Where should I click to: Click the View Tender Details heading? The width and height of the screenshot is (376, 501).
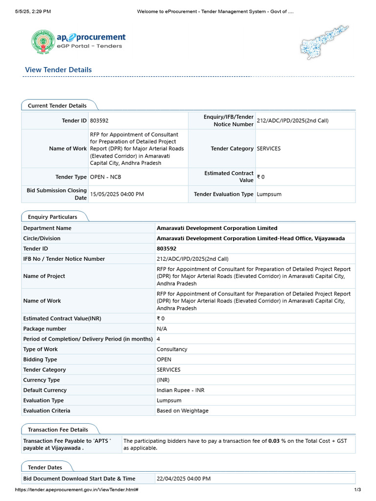(58, 70)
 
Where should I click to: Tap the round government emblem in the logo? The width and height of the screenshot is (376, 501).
(44, 42)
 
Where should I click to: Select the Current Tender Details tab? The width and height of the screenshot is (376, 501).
(57, 106)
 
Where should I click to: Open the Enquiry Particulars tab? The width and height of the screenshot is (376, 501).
(52, 217)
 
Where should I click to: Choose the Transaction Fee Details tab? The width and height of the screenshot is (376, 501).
(58, 430)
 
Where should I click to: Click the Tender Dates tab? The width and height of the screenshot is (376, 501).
(45, 467)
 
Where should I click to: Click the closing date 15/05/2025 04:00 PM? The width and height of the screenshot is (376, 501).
(117, 194)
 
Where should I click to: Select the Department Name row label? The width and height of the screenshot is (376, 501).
(47, 228)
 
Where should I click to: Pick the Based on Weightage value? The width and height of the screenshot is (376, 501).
(182, 410)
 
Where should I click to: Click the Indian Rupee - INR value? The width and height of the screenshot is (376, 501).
(180, 390)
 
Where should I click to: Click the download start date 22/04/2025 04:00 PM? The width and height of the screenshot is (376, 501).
(184, 478)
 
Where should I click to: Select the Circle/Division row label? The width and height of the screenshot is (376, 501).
(42, 238)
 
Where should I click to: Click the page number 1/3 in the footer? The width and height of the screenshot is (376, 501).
(357, 490)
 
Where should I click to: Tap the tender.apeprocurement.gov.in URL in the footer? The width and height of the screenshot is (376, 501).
(76, 490)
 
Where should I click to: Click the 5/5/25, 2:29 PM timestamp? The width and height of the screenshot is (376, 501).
(33, 11)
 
